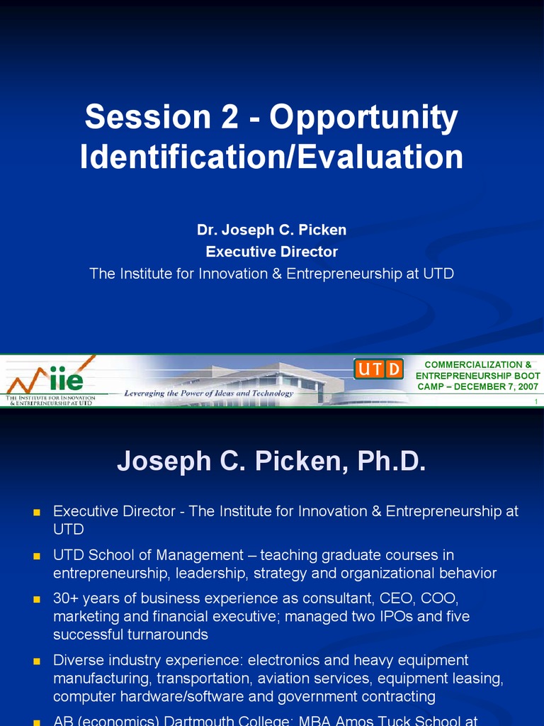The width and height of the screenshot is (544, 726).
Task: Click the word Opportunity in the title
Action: pos(363,118)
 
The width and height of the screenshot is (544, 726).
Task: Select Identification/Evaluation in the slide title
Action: pos(271,157)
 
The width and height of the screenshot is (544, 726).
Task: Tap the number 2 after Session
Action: pos(229,118)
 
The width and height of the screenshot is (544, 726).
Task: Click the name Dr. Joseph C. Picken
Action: pos(271,230)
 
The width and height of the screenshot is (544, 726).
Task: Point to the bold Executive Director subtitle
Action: pos(271,252)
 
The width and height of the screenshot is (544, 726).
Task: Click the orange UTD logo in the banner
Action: pos(378,369)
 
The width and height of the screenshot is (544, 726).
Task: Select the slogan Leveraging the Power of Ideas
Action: pos(208,393)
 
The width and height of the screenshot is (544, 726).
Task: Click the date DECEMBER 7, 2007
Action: pos(496,386)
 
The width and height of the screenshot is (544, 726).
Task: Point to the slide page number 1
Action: pos(536,403)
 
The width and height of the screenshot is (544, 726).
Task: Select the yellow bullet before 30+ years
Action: pos(38,600)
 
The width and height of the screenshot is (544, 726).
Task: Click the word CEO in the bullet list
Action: pos(391,598)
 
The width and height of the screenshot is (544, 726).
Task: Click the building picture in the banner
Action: pos(283,379)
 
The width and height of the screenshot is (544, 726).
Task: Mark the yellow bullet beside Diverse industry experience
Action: pos(38,661)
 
